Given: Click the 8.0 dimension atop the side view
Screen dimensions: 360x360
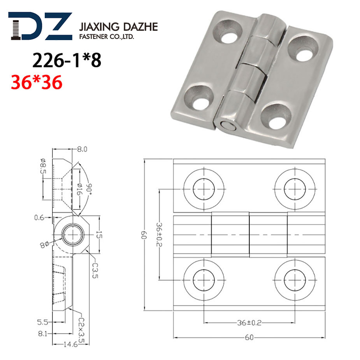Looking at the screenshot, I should click(x=82, y=149).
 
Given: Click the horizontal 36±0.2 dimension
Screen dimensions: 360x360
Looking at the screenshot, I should click(x=249, y=323).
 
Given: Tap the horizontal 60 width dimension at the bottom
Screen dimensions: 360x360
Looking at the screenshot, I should click(x=249, y=338).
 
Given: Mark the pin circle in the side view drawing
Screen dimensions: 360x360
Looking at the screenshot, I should click(x=72, y=235).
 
